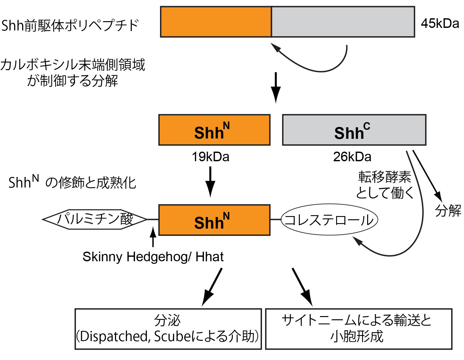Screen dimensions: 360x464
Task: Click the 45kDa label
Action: point(440,23)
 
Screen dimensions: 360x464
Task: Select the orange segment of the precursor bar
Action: point(216,22)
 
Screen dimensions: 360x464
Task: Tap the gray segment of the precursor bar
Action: point(343,22)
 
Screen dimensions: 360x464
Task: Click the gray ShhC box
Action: point(354,130)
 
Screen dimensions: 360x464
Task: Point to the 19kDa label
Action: point(210,157)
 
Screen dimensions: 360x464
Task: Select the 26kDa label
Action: point(352,157)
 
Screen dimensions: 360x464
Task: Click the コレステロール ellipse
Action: point(329,220)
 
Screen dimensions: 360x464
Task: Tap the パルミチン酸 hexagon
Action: point(95,220)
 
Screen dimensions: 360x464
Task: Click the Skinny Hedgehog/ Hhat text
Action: point(153,257)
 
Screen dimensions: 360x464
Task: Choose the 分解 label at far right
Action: point(448,211)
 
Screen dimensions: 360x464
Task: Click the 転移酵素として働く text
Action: point(384,185)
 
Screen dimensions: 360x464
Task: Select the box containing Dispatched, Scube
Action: point(168,329)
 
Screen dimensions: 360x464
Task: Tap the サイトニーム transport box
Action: point(359,329)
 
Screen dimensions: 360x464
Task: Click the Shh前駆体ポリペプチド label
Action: point(70,25)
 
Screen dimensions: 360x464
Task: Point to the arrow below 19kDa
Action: point(210,181)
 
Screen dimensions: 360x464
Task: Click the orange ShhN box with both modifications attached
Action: point(214,220)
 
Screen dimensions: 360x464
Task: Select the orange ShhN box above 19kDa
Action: point(214,130)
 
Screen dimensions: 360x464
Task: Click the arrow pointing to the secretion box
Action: point(212,287)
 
